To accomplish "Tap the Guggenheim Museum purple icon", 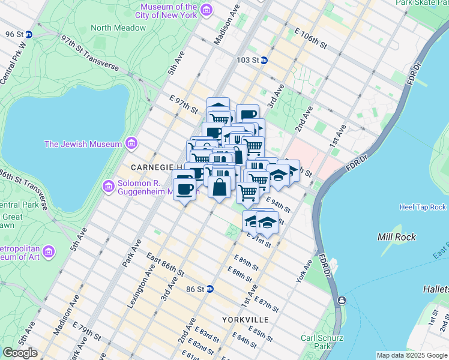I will (109, 187).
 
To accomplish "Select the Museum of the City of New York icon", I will (206, 10).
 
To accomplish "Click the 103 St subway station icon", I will (264, 60).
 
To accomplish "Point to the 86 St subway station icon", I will (209, 289).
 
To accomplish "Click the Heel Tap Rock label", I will (423, 207).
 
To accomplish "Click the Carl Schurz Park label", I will (316, 341).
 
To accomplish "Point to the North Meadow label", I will (118, 28).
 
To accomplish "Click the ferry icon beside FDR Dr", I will (342, 300).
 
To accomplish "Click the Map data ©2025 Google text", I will (411, 355).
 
